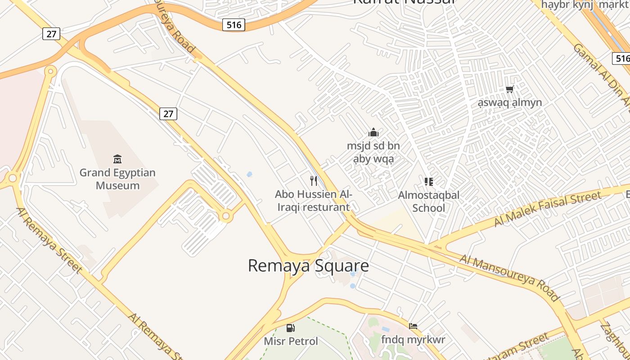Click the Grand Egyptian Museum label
coord(117,179)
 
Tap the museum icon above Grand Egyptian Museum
coord(117,159)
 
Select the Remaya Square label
coord(308,265)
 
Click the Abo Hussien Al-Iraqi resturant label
coord(314,201)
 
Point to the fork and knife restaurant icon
coord(314,181)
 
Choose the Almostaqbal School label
coord(429,201)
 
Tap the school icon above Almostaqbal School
coord(429,182)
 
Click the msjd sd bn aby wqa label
coord(373,153)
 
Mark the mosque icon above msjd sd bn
coord(373,132)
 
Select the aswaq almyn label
coord(510,103)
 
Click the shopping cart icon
coord(509,89)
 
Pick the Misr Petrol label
coord(291,341)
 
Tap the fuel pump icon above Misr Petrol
coord(291,328)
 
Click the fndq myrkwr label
coord(413,339)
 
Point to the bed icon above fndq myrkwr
coord(413,326)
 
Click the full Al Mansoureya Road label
coord(509,278)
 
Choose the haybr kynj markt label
coord(585,4)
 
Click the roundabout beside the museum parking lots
coord(226,216)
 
